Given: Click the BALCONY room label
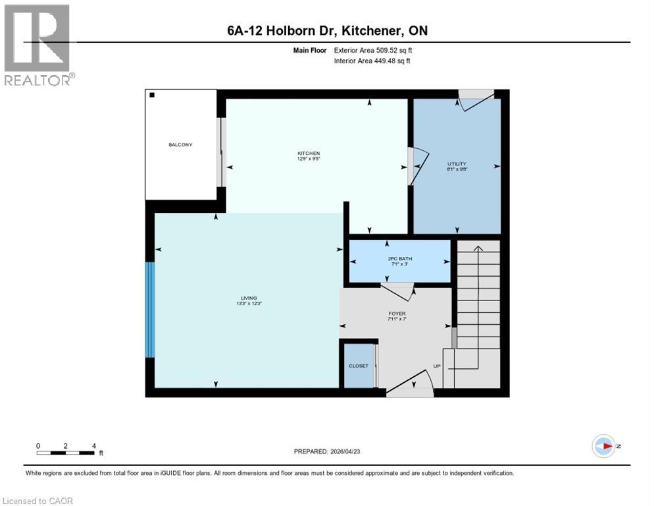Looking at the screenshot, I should (x=181, y=144).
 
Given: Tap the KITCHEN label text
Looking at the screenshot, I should (x=309, y=154).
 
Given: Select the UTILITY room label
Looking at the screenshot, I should (x=457, y=163).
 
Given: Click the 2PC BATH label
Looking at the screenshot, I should (x=400, y=258).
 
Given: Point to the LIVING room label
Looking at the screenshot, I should (x=249, y=298).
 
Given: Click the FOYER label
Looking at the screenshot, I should (x=397, y=314).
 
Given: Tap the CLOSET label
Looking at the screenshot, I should (x=359, y=366).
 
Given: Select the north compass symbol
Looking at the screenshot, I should (x=603, y=446).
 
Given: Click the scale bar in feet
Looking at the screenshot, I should (x=66, y=452).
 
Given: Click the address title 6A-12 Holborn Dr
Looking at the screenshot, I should (x=327, y=30).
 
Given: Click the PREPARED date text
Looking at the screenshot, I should (x=327, y=451).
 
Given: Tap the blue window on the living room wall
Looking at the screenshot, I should (x=150, y=310).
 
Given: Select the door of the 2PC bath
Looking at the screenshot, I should (x=397, y=291).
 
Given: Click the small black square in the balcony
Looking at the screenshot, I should (x=152, y=96).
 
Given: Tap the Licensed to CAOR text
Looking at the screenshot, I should (x=38, y=501).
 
